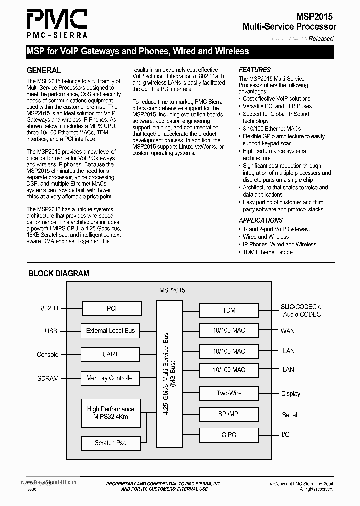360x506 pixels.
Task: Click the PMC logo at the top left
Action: pos(57,22)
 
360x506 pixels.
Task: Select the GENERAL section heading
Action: pos(44,70)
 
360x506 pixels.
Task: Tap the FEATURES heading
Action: pos(254,70)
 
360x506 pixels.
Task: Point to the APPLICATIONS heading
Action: pos(260,220)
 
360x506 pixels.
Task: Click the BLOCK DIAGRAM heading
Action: pos(59,273)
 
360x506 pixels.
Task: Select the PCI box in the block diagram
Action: pos(111,309)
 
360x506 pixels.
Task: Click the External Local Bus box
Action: pos(111,331)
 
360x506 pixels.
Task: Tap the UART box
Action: pos(111,354)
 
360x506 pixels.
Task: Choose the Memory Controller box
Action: pos(111,378)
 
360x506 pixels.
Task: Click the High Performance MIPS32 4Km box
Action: pos(111,413)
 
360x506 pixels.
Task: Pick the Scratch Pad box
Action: pos(111,443)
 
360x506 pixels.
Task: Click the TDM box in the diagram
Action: pos(229,310)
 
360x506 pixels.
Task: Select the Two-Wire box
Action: pos(229,393)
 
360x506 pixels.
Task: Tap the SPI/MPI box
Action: pos(229,414)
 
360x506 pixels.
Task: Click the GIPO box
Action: pos(229,435)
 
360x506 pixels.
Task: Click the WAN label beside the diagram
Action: pos(288,331)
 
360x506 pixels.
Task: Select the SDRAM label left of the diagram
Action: pos(48,378)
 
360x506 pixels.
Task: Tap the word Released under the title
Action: pos(321,38)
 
